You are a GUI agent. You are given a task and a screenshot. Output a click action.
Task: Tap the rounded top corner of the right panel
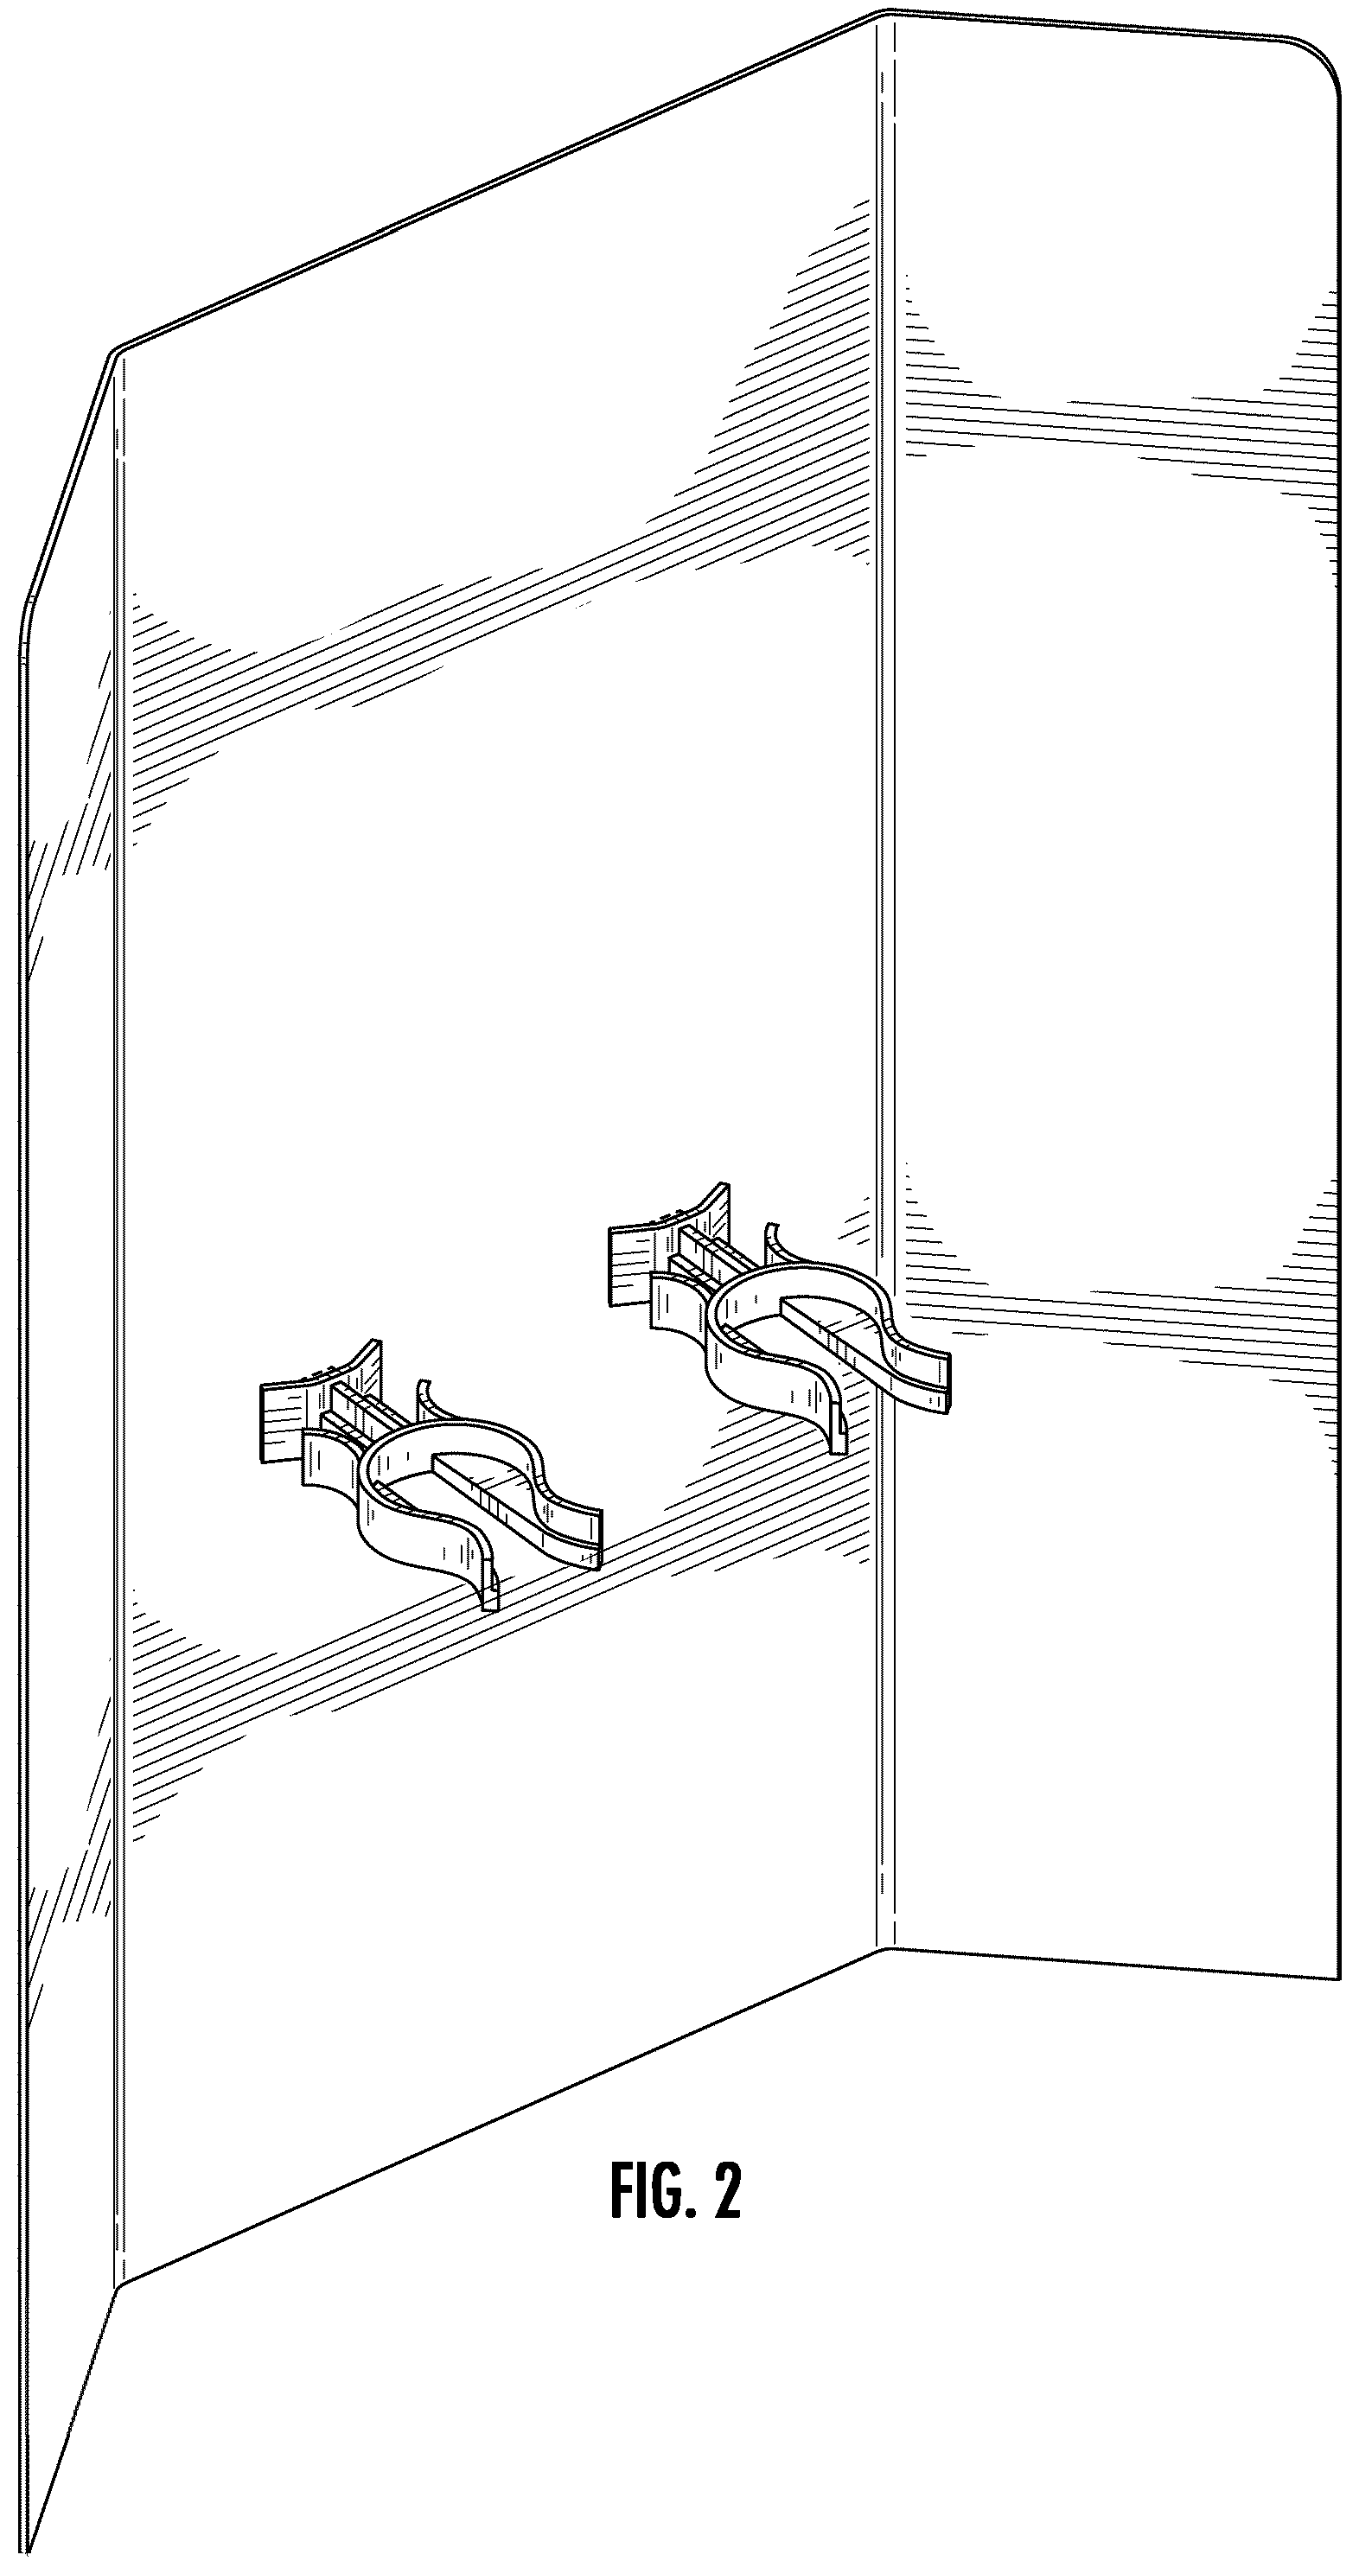[1321, 60]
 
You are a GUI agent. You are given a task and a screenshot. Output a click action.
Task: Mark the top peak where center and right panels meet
[885, 14]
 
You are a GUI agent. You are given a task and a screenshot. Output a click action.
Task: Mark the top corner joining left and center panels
[116, 352]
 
